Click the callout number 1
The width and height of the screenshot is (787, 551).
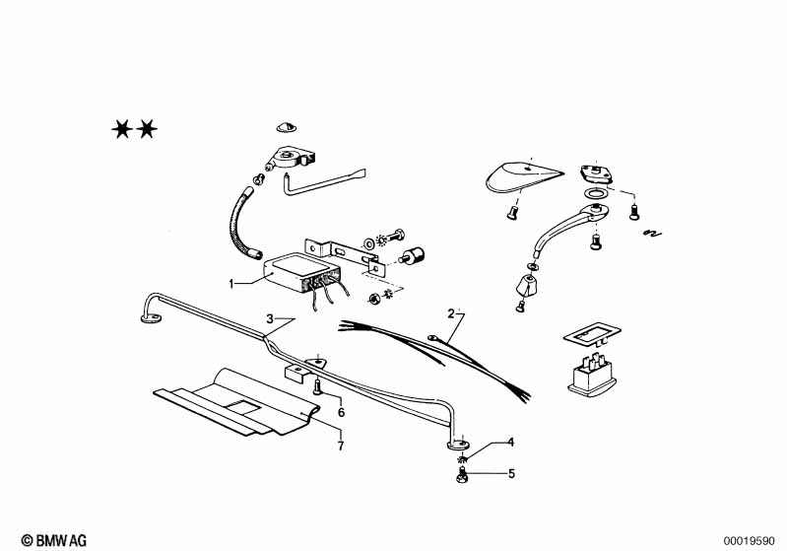coord(231,284)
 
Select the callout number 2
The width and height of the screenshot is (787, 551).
coord(451,313)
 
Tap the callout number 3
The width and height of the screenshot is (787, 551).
coord(270,319)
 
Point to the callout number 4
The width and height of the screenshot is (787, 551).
coord(511,442)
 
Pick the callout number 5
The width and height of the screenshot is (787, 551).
coord(511,474)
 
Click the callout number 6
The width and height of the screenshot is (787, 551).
coord(342,413)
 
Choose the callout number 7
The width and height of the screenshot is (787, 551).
coord(341,446)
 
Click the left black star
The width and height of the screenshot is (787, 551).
coord(122,129)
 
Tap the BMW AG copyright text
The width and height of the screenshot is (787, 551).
coord(54,540)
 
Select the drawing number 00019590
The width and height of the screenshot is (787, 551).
coord(749,541)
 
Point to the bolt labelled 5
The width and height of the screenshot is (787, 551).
coord(461,475)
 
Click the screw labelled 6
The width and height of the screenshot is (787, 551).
coord(317,386)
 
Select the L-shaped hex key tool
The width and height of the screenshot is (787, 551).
coord(323,181)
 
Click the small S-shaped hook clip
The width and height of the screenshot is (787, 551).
coord(652,233)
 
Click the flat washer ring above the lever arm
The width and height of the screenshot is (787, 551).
coord(596,193)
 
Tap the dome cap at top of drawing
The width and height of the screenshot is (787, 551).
coord(287,126)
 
